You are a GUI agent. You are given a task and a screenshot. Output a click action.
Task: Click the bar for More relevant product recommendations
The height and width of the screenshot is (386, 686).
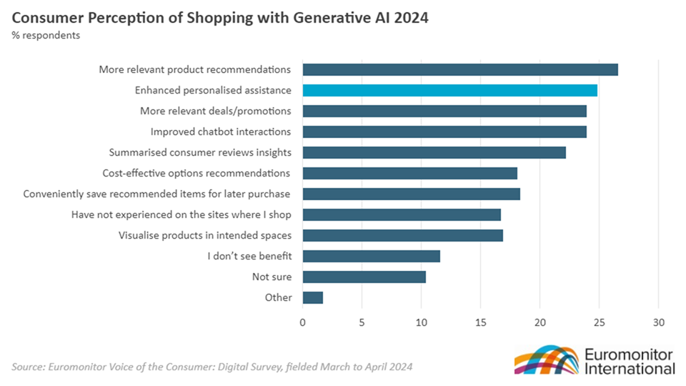[x=460, y=69]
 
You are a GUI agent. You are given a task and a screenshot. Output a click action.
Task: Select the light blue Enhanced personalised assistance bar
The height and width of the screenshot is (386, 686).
[x=449, y=90]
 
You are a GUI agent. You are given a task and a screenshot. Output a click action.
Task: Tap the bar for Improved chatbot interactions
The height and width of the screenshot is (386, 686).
[x=444, y=132]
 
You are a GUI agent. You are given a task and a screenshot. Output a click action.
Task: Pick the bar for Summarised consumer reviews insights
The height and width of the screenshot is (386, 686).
[x=434, y=152]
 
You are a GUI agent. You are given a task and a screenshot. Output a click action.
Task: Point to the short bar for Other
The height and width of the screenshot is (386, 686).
[x=313, y=297]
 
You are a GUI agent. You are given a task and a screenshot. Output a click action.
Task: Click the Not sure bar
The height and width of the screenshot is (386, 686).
[x=364, y=277]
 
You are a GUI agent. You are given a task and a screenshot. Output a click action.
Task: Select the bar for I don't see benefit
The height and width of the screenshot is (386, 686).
[x=371, y=256]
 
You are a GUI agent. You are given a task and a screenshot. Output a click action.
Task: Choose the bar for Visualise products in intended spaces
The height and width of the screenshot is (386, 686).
[x=402, y=235]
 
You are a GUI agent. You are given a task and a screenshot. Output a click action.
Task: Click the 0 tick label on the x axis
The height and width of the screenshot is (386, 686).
[x=303, y=322]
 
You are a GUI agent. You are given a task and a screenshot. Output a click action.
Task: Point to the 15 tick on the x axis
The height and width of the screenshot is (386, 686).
[x=480, y=322]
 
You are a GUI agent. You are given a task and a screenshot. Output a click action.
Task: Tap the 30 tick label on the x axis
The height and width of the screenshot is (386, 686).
[x=658, y=322]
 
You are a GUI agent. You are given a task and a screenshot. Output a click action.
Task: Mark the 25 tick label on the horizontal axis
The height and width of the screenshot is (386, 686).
[x=599, y=322]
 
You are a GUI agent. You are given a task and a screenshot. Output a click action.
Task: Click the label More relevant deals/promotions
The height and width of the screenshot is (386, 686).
[x=215, y=111]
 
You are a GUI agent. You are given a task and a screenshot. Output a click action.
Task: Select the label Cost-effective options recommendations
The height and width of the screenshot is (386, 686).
[x=197, y=173]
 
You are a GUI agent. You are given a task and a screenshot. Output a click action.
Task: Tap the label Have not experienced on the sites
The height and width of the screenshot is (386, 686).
[x=182, y=214]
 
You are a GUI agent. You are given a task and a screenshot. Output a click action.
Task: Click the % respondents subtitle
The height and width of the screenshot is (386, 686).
[x=46, y=34]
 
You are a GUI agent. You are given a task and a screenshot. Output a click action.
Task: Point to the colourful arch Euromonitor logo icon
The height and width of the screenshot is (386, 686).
[x=547, y=360]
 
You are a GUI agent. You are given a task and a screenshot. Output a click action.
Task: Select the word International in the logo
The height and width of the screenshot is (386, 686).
[x=630, y=369]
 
